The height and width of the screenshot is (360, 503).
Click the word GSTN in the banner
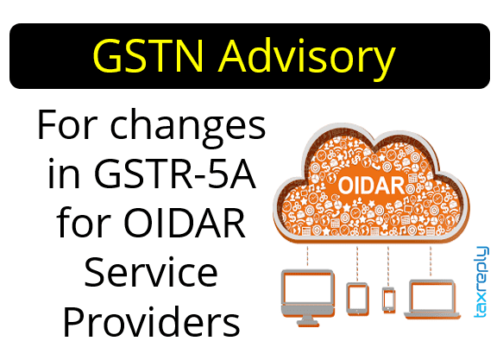148,56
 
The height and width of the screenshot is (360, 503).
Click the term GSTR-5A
175,174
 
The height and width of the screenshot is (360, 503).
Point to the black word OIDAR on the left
185,223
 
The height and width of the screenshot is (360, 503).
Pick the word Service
151,272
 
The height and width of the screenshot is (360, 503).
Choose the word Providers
151,321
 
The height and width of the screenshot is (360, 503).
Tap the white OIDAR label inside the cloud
371,185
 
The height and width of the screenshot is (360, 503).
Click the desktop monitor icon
307,297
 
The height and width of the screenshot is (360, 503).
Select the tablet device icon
357,299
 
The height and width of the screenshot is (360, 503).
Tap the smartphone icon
388,300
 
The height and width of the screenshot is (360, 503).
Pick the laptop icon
431,299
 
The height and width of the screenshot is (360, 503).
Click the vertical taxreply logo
481,281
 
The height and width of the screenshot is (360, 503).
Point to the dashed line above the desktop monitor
307,256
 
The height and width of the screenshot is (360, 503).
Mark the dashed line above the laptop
431,261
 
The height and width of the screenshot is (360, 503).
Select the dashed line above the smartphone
388,266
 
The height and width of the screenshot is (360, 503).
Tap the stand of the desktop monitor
307,321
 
